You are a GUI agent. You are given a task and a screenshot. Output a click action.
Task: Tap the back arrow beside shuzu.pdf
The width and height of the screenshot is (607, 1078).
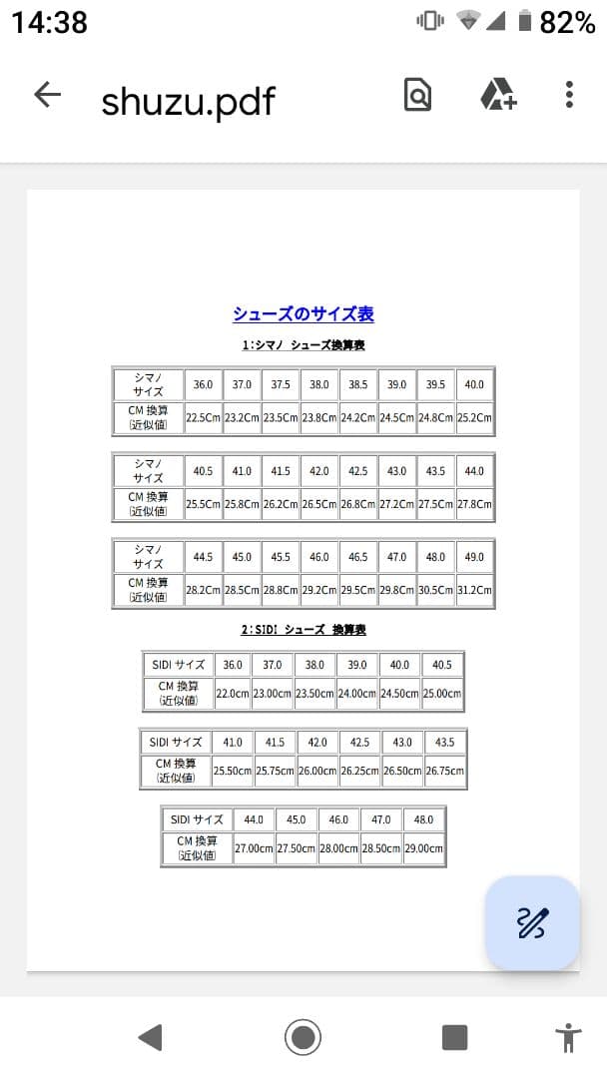click(47, 96)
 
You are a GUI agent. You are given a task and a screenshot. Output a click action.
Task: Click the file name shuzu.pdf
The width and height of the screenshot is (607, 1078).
click(188, 100)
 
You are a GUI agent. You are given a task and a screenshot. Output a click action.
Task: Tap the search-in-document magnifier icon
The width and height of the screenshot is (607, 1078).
click(417, 95)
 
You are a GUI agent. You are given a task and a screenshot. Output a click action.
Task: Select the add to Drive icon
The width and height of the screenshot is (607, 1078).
click(497, 95)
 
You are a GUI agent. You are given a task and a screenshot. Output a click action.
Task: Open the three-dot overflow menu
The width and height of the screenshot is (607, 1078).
click(569, 95)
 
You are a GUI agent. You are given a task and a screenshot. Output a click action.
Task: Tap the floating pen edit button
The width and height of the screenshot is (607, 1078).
click(532, 923)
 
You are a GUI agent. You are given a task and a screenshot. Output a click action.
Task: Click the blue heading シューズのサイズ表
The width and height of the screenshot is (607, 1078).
click(303, 314)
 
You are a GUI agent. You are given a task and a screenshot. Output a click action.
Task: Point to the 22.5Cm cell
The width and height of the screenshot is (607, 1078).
click(203, 418)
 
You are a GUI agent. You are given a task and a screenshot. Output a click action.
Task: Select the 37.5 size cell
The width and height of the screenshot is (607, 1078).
click(281, 384)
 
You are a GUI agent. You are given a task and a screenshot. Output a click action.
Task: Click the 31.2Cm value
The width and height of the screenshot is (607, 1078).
click(474, 590)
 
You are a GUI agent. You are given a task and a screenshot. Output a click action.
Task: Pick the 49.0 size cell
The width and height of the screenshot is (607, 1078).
click(474, 557)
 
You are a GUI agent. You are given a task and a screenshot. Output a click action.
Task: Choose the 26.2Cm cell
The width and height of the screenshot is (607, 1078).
click(281, 504)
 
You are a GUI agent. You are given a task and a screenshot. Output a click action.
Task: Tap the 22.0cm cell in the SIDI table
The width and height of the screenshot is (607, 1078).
click(233, 693)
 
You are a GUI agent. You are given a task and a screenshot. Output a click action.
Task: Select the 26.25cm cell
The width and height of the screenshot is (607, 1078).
click(359, 771)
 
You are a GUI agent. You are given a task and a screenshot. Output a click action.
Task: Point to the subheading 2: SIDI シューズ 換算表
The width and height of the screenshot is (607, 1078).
click(303, 630)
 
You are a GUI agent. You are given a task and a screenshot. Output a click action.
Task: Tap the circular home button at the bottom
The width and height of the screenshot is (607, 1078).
click(303, 1037)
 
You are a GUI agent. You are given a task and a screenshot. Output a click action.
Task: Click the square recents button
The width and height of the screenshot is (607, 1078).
click(454, 1037)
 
